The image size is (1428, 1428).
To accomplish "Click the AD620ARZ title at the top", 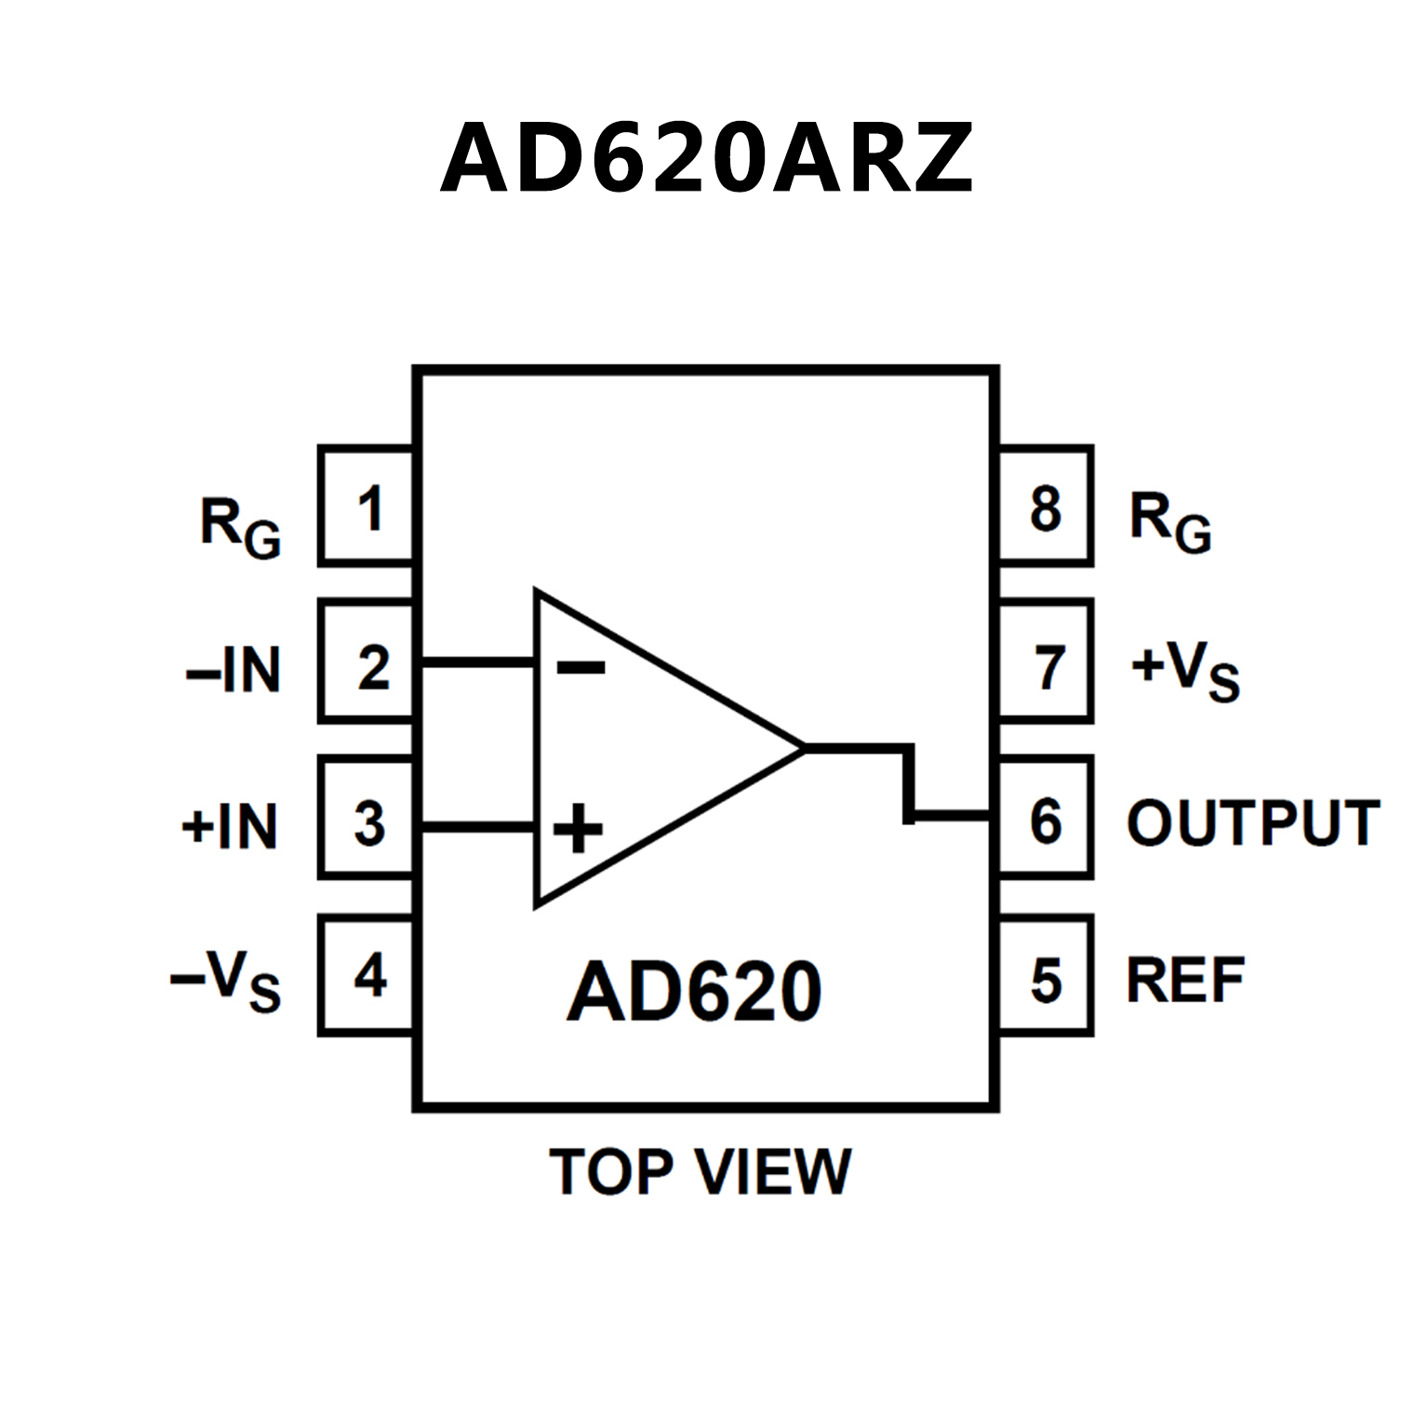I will click(x=707, y=158).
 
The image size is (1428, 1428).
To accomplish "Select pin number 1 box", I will click(x=367, y=507).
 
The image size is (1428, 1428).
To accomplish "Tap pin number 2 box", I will click(x=367, y=661).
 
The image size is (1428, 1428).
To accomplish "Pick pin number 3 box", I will click(x=367, y=818).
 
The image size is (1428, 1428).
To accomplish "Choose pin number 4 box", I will click(x=367, y=975).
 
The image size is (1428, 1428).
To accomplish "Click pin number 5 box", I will click(x=1046, y=975).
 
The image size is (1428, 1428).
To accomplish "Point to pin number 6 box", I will click(x=1046, y=818).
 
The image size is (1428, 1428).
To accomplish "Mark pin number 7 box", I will click(x=1046, y=661).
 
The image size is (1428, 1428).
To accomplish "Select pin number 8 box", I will click(x=1046, y=507).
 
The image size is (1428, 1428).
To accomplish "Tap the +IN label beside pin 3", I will click(x=230, y=825).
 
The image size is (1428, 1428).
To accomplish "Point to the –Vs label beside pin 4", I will click(x=225, y=981).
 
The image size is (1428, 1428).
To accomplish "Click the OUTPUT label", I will click(x=1252, y=823).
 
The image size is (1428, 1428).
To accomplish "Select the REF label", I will click(x=1185, y=981).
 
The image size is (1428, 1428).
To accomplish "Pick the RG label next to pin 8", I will click(x=1169, y=522).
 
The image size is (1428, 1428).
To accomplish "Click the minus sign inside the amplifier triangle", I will click(x=581, y=666).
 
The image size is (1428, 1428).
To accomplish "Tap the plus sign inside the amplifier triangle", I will click(x=578, y=827).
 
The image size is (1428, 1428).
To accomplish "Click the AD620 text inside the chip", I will click(x=694, y=992).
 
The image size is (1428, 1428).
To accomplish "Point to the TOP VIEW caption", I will click(x=700, y=1171).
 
